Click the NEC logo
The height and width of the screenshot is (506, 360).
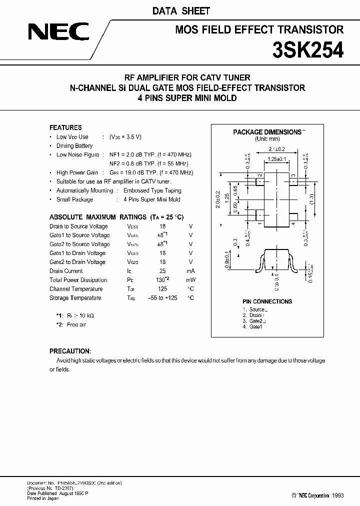(x=58, y=33)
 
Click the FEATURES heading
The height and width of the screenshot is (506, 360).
(x=65, y=127)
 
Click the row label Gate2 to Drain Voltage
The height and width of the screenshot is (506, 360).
(x=77, y=262)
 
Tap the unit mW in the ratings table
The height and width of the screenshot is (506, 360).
(x=190, y=280)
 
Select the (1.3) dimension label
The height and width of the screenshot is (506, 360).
(x=311, y=197)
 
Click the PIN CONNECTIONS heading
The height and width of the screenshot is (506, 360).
(x=266, y=301)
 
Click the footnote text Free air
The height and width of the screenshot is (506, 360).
(x=76, y=324)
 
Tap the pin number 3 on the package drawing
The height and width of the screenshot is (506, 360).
(x=293, y=175)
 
